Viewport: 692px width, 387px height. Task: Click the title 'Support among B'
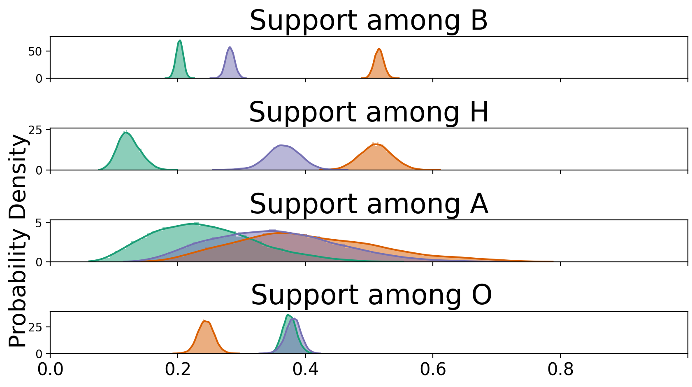[x=369, y=21]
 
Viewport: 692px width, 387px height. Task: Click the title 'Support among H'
[x=369, y=112]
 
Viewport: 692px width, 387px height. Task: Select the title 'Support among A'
[x=369, y=204]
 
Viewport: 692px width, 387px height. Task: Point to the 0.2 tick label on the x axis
[x=177, y=369]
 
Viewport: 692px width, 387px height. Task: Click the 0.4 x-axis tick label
[x=305, y=369]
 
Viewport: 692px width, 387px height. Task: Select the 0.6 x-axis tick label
[x=432, y=369]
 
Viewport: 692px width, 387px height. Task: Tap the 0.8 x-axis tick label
[x=560, y=369]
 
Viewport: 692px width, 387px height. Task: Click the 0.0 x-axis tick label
[x=50, y=369]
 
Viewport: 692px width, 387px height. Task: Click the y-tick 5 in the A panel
[x=43, y=223]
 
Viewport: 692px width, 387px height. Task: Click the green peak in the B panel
[x=180, y=41]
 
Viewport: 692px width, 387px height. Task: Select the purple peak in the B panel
[x=230, y=48]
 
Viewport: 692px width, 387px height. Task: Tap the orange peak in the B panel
[x=379, y=50]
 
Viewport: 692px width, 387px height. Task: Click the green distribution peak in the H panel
[x=126, y=133]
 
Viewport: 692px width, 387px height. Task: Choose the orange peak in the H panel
[x=375, y=144]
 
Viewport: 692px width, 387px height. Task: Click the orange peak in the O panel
[x=204, y=322]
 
